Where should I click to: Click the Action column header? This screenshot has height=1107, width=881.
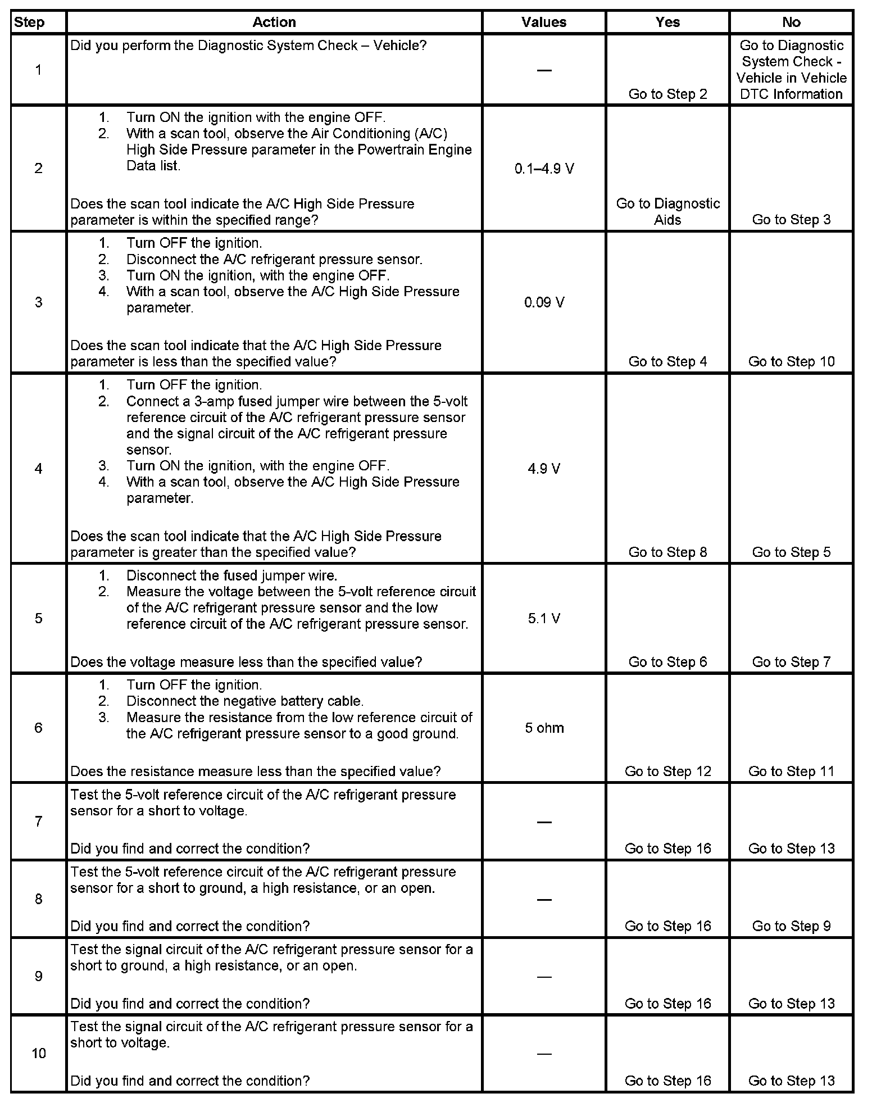(x=274, y=22)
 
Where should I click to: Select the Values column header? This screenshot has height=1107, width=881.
(x=543, y=22)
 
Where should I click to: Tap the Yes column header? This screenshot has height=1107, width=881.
(x=667, y=22)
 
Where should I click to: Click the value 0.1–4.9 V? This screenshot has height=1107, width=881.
(x=544, y=169)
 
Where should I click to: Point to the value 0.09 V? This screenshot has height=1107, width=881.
(x=544, y=302)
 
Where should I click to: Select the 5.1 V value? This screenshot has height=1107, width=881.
(x=544, y=619)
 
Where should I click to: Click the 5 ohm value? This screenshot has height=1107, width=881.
(x=544, y=728)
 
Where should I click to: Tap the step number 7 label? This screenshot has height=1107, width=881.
(x=38, y=822)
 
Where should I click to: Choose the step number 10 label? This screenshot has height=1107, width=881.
(x=38, y=1052)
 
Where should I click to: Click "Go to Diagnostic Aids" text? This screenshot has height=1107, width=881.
(x=667, y=211)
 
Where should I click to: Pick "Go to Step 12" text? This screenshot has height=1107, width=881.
(x=667, y=772)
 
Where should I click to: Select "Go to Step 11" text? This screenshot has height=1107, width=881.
(x=791, y=772)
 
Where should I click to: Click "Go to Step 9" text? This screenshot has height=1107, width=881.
(x=791, y=926)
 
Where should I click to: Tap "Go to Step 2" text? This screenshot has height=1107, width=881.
(x=667, y=94)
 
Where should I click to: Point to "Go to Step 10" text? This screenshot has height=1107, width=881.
(x=791, y=362)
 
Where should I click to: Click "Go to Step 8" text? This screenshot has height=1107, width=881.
(x=667, y=552)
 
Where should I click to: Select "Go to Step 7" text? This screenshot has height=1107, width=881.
(x=791, y=662)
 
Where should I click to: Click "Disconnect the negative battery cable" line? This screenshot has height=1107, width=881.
(x=245, y=701)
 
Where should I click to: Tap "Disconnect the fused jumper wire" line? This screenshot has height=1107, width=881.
(x=231, y=576)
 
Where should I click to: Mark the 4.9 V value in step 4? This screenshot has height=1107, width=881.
(x=544, y=469)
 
